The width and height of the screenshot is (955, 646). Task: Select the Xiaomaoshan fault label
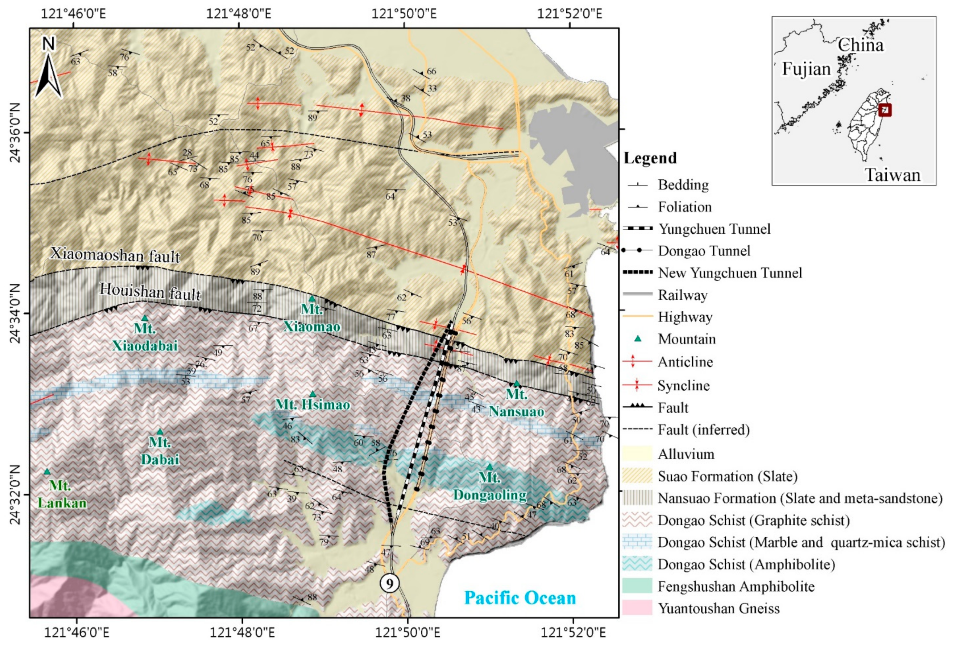coord(115,255)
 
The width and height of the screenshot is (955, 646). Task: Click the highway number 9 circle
coord(389,583)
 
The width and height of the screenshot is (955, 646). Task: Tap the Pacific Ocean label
coord(520,597)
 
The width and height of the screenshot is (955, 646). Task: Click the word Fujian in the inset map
coord(806,69)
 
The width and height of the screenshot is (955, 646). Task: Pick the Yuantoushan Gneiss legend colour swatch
coord(637,608)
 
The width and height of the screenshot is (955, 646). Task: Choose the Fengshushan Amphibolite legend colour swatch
coord(637,586)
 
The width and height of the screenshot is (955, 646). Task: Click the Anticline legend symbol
coord(637,362)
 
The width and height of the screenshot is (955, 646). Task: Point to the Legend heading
coord(650,158)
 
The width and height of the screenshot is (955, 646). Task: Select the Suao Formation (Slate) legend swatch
coord(637,476)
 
